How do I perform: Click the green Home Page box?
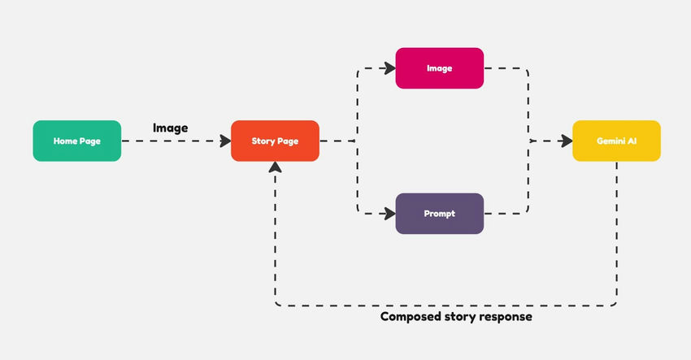[76, 141]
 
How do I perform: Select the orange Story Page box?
[275, 141]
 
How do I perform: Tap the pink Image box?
[439, 68]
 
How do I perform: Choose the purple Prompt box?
[439, 214]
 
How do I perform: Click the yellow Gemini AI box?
[616, 141]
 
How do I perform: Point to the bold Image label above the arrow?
[170, 128]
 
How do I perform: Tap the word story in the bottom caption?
[459, 317]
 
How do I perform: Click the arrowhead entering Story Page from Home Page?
[224, 141]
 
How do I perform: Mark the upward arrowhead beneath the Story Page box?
[275, 167]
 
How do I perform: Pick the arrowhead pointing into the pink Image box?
[388, 68]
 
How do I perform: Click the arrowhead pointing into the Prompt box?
[388, 214]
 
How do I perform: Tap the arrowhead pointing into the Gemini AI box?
[565, 141]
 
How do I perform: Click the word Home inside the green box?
[65, 141]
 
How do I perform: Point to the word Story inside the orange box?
[263, 141]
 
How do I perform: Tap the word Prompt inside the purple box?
[439, 215]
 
